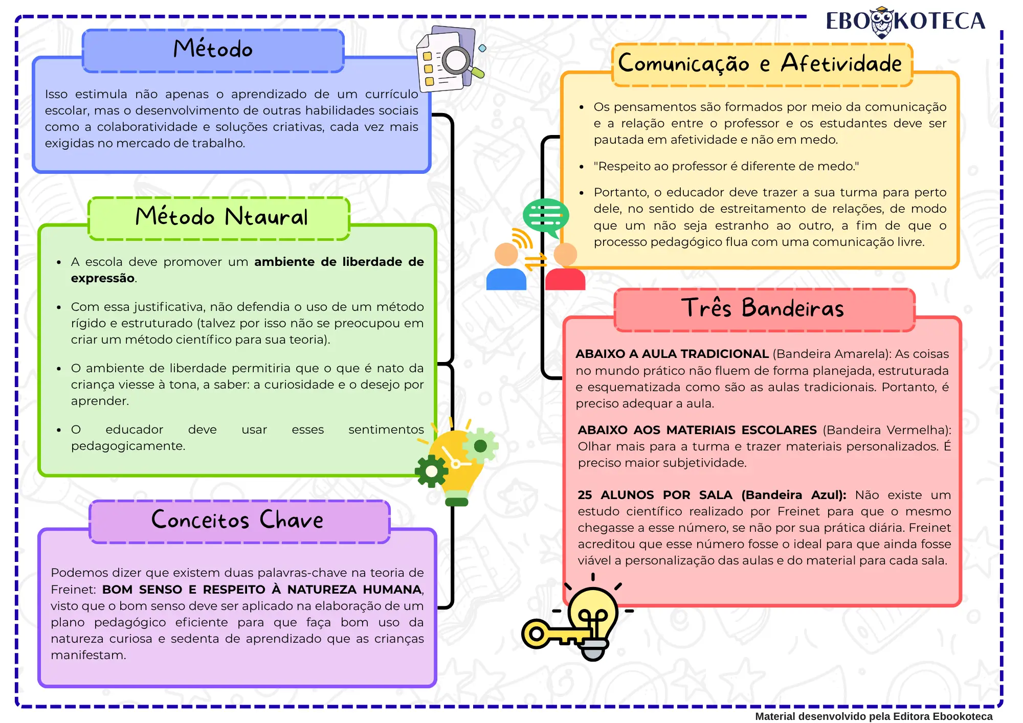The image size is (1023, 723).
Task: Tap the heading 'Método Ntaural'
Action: (221, 217)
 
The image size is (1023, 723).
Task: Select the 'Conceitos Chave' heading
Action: (237, 519)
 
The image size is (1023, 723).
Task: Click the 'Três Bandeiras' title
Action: (762, 308)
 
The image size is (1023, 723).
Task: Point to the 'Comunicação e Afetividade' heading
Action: (760, 63)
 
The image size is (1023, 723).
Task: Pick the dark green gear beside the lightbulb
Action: (431, 471)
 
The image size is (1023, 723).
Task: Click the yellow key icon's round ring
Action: (536, 634)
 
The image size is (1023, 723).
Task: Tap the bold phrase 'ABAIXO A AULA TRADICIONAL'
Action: (672, 354)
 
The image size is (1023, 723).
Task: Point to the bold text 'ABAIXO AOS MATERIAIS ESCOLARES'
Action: (697, 430)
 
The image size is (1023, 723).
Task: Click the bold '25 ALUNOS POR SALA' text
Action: (655, 495)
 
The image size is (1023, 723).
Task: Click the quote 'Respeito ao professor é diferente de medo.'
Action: (726, 166)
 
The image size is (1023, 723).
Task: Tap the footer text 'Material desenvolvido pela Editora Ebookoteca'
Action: (874, 716)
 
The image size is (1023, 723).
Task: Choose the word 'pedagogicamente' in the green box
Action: (127, 446)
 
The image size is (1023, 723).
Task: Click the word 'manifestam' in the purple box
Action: (87, 655)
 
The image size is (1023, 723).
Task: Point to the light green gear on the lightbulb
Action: (480, 446)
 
